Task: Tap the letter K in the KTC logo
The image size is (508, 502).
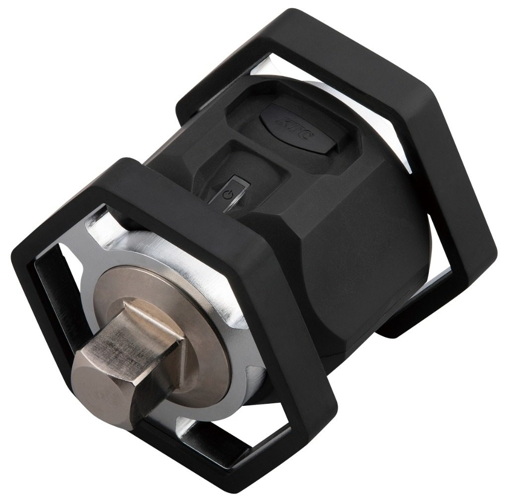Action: (282, 121)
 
